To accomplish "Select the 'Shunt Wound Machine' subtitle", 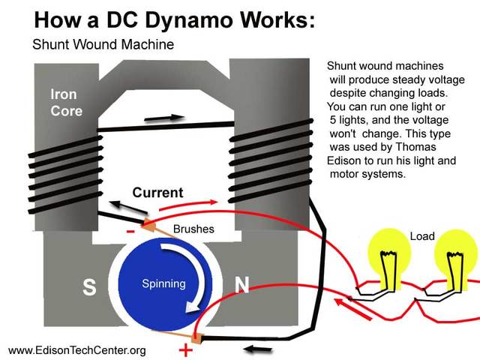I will (103, 44).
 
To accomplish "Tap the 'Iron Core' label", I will (66, 103).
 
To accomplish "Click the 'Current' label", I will (157, 193).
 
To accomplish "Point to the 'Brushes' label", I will (193, 229).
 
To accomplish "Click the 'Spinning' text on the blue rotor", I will (163, 283).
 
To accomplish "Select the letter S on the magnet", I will (89, 288).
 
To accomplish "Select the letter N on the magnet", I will (242, 285).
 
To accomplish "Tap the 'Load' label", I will (422, 236).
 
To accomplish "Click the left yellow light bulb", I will (388, 255).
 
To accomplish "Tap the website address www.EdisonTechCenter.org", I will (76, 350).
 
